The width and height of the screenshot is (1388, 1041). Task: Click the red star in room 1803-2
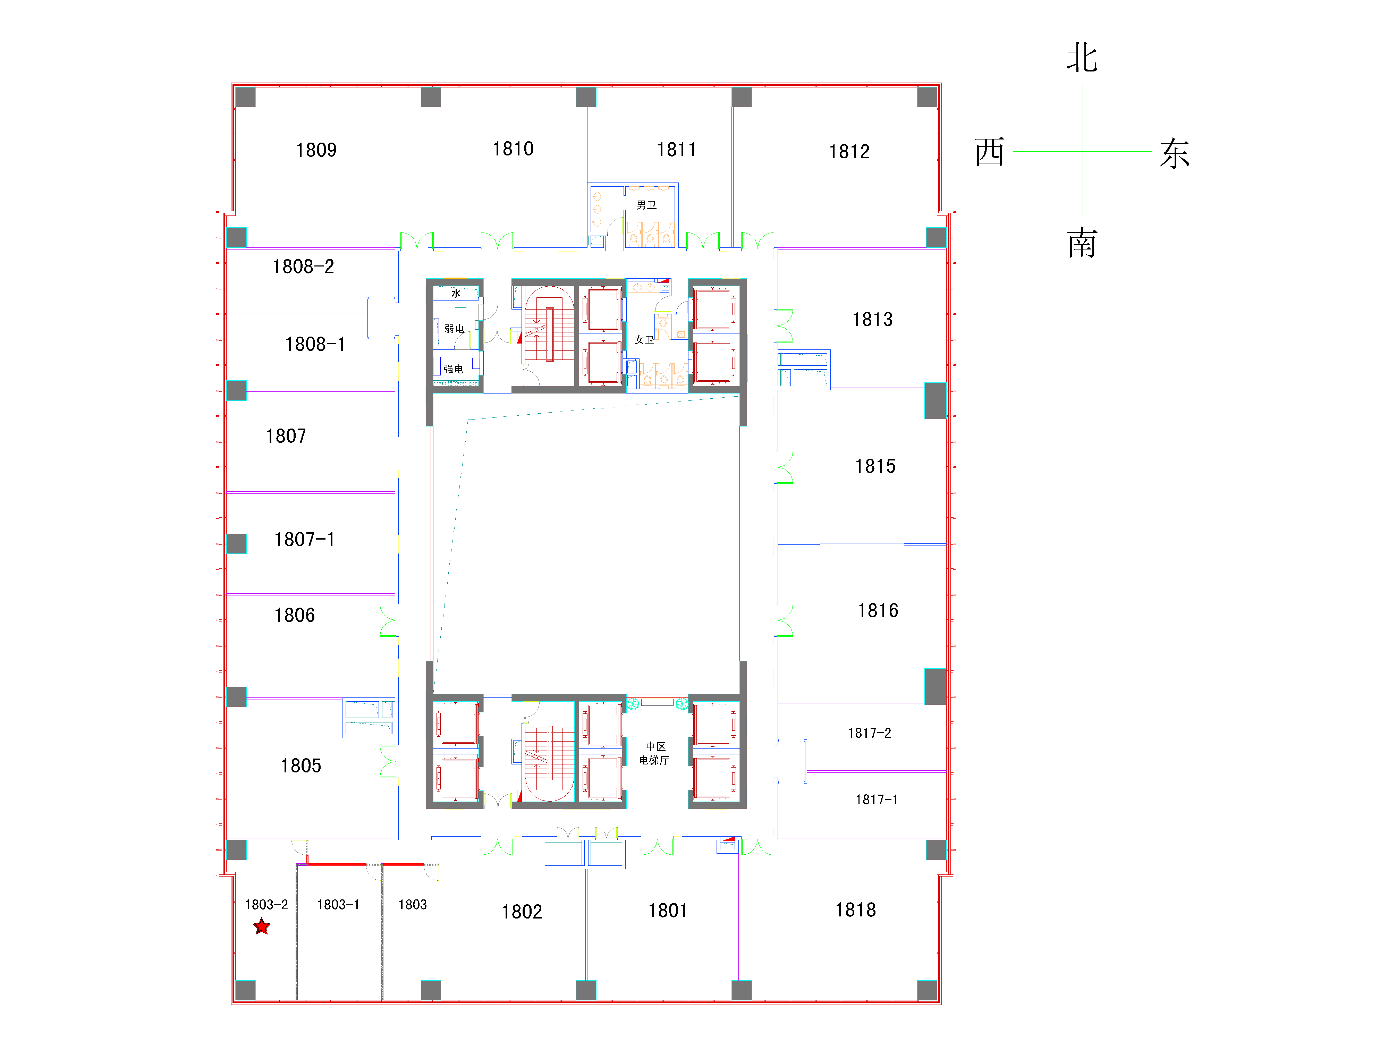tap(262, 926)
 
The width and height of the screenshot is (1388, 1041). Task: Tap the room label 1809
tap(316, 150)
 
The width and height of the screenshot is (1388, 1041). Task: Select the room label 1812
tap(849, 151)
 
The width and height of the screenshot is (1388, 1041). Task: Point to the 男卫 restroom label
tap(646, 205)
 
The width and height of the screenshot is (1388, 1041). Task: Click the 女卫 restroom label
tap(644, 339)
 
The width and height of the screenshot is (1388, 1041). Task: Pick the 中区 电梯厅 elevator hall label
tap(654, 753)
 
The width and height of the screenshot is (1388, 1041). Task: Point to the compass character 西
tap(990, 152)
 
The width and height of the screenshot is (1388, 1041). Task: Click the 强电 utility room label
tap(453, 369)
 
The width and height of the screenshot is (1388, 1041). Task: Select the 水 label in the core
tap(456, 293)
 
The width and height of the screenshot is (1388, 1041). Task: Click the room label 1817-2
tap(869, 733)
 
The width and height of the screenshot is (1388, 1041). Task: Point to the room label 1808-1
tap(315, 344)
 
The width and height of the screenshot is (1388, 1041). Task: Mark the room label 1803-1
tap(338, 904)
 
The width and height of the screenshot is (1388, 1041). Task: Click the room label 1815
tap(875, 466)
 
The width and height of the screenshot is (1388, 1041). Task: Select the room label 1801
tap(668, 911)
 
